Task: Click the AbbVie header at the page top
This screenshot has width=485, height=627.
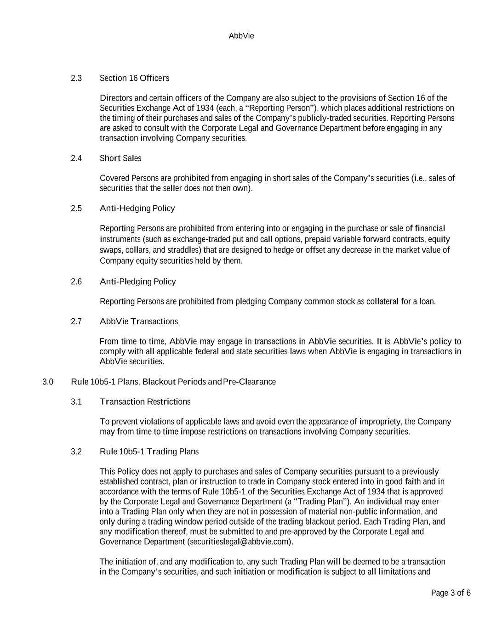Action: tap(241, 36)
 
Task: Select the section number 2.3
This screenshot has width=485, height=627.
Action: tap(76, 78)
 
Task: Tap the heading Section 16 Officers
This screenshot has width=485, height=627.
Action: tap(134, 78)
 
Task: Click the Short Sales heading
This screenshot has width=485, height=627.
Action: tap(120, 158)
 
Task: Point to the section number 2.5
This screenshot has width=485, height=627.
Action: tap(76, 209)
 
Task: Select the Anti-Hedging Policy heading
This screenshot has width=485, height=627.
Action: tap(137, 209)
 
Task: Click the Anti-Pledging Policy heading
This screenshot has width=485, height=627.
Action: tap(137, 282)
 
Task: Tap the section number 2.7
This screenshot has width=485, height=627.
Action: tap(76, 322)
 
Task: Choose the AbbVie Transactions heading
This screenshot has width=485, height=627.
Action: tap(138, 322)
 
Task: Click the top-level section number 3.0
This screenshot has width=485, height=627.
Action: tap(48, 382)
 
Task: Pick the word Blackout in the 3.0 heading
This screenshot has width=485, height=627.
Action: tap(159, 382)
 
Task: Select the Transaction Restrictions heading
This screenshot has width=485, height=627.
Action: tap(145, 402)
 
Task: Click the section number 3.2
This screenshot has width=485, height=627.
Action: tap(76, 452)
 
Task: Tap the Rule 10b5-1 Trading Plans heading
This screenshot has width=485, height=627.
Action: tap(149, 452)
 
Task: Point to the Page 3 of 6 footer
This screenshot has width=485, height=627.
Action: tap(451, 593)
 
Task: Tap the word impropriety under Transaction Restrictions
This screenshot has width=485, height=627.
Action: tap(380, 422)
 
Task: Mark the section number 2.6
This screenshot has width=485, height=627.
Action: tap(76, 282)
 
